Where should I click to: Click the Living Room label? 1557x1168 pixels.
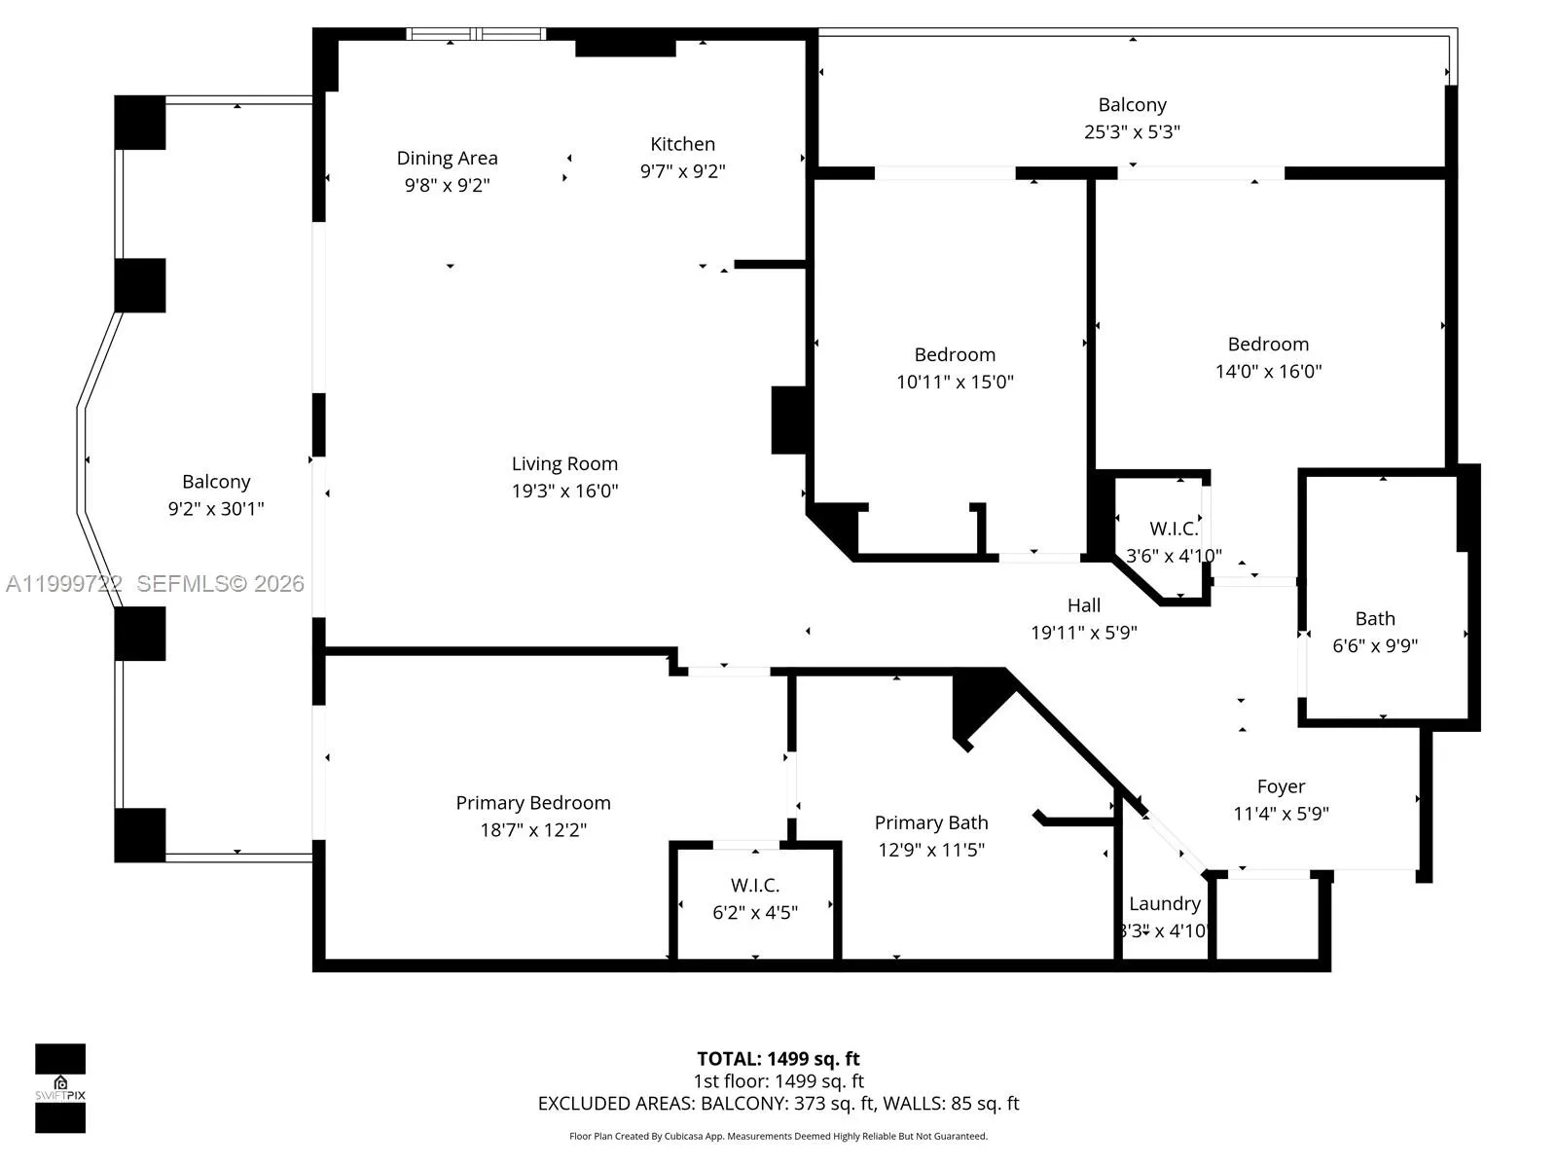(564, 464)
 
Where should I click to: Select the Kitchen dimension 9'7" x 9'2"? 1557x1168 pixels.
(682, 171)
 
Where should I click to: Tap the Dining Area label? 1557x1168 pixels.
(447, 158)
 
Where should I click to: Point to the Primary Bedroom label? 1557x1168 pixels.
(533, 803)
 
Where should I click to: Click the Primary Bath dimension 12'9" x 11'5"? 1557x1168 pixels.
(931, 850)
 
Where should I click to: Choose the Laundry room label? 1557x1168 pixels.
(1164, 903)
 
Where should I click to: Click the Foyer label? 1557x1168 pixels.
(1281, 786)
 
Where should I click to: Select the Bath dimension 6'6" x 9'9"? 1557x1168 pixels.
(1375, 645)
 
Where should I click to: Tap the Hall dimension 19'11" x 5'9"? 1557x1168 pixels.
(1084, 633)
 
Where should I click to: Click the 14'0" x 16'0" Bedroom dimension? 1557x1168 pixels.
(1268, 371)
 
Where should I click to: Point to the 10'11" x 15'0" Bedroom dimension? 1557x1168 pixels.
(955, 382)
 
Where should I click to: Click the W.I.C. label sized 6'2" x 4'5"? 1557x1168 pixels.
(755, 885)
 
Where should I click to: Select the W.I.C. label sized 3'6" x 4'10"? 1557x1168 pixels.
(1174, 529)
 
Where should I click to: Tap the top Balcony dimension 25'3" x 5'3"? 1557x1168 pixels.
(1132, 131)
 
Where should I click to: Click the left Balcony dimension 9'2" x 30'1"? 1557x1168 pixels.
(216, 508)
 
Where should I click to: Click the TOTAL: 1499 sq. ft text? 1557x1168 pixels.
(778, 1059)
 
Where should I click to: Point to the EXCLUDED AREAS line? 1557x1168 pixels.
(778, 1104)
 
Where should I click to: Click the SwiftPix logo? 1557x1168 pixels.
(60, 1088)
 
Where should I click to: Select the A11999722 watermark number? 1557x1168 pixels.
(64, 584)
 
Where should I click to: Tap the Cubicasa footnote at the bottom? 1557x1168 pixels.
(778, 1136)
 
